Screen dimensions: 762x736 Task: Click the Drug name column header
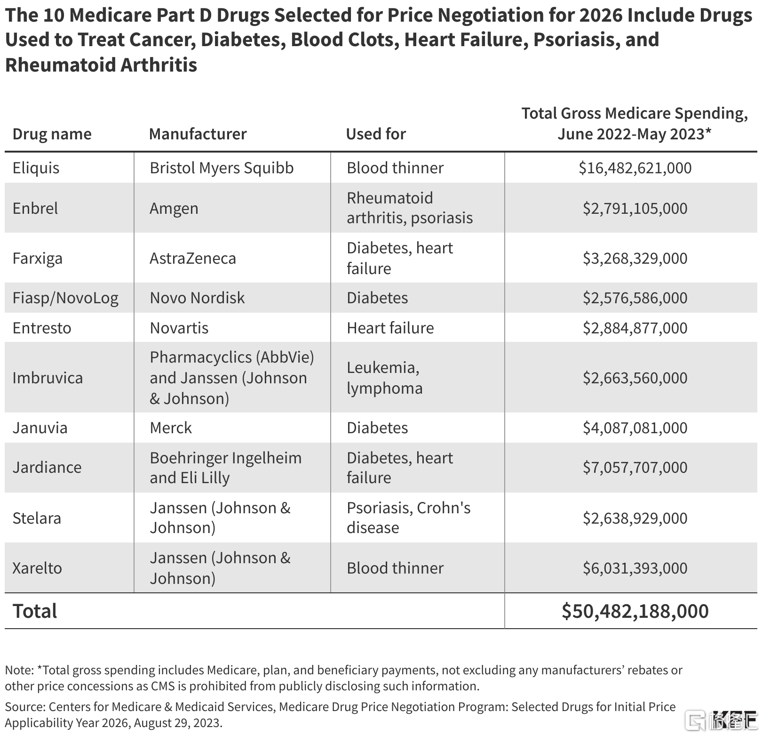(52, 134)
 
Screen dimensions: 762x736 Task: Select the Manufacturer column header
(198, 134)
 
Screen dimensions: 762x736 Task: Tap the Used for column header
(376, 134)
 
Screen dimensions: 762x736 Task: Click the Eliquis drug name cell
(36, 168)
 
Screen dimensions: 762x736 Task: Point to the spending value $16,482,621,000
(635, 168)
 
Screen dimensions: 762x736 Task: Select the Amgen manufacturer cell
(174, 209)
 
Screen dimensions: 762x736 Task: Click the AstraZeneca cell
(193, 259)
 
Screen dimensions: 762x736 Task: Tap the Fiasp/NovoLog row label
(65, 298)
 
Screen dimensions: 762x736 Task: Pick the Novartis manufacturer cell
(179, 328)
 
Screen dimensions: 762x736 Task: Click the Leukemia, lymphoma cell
(385, 378)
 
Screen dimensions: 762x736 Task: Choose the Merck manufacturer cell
(171, 428)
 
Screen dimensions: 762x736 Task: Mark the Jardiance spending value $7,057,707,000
(635, 468)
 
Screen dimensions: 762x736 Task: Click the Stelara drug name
(37, 518)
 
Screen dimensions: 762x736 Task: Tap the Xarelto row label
(37, 568)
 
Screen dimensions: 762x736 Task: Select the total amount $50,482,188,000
(635, 611)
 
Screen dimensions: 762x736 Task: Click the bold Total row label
(35, 611)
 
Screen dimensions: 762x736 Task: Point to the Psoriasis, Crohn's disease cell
(409, 518)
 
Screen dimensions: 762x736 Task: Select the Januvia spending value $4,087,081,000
(635, 428)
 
